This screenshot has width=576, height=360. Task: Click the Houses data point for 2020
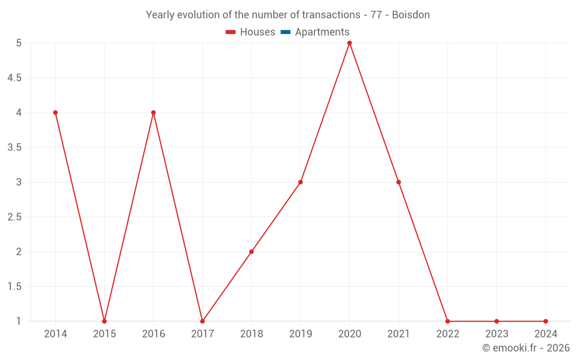[350, 43]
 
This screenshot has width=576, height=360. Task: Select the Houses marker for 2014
[55, 113]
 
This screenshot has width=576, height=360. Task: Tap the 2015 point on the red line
[104, 321]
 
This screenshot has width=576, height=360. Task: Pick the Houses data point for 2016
[153, 113]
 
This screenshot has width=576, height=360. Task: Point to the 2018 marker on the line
[252, 252]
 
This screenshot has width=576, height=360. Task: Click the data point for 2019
[301, 182]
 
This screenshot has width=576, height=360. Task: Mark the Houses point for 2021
[399, 182]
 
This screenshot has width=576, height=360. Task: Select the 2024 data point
[545, 321]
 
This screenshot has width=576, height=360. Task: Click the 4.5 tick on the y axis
[14, 78]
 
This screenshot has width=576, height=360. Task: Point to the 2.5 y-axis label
[14, 217]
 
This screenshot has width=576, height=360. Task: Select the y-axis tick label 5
[18, 43]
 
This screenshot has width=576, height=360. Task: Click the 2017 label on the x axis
[202, 334]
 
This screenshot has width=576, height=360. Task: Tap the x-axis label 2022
[448, 334]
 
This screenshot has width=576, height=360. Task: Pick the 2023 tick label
[497, 334]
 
